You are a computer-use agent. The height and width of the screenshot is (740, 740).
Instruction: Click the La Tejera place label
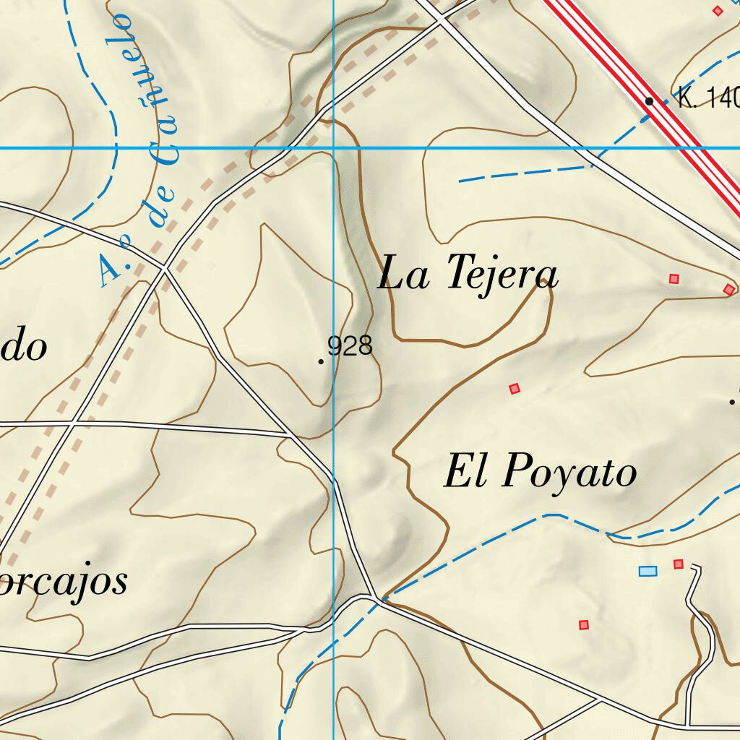click(x=468, y=274)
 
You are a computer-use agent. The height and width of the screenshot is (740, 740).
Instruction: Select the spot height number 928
click(x=350, y=346)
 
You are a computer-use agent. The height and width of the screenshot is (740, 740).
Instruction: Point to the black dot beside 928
click(x=321, y=361)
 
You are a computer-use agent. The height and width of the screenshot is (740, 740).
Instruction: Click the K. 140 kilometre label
click(x=708, y=98)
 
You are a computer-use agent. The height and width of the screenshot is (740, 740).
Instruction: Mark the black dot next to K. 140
click(x=649, y=101)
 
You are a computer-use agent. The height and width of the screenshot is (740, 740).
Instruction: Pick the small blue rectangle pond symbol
click(x=648, y=572)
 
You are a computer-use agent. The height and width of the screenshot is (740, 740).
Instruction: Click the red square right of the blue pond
click(x=678, y=564)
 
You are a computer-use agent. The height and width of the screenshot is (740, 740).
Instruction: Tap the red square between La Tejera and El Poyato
click(x=515, y=389)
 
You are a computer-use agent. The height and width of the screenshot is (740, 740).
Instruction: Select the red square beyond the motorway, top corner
click(x=718, y=10)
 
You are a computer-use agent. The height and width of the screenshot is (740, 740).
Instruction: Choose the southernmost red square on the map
click(x=584, y=624)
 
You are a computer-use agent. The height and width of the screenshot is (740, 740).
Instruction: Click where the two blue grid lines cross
click(x=333, y=148)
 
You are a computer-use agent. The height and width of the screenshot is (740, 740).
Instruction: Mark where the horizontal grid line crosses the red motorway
click(x=690, y=148)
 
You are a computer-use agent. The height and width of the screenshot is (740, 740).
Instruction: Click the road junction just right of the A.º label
click(x=165, y=268)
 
